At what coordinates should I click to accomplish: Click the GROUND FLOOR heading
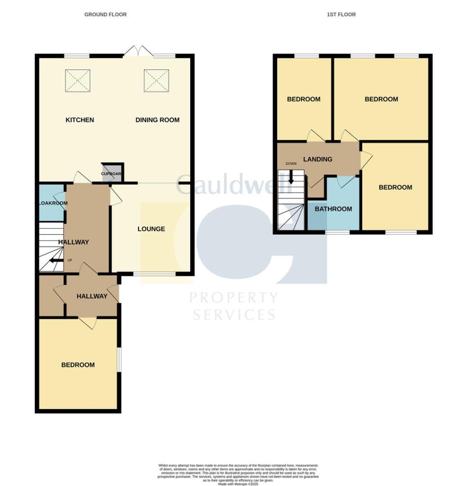(105, 15)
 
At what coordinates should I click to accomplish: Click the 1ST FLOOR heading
(341, 15)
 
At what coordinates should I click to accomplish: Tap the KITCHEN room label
(80, 120)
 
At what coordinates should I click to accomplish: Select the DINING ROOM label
(158, 120)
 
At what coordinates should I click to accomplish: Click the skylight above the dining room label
(156, 81)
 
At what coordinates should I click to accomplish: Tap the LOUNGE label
(151, 229)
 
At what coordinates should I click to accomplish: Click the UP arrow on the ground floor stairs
(56, 260)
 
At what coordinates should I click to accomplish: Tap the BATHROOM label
(334, 209)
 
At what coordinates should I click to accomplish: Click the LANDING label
(318, 159)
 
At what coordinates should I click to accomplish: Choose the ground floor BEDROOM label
(78, 365)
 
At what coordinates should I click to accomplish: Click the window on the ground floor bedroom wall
(119, 360)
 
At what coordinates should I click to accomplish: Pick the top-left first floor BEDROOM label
(304, 99)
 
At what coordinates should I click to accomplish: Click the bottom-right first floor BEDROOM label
(395, 187)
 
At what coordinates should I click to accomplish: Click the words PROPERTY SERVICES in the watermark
(233, 306)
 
